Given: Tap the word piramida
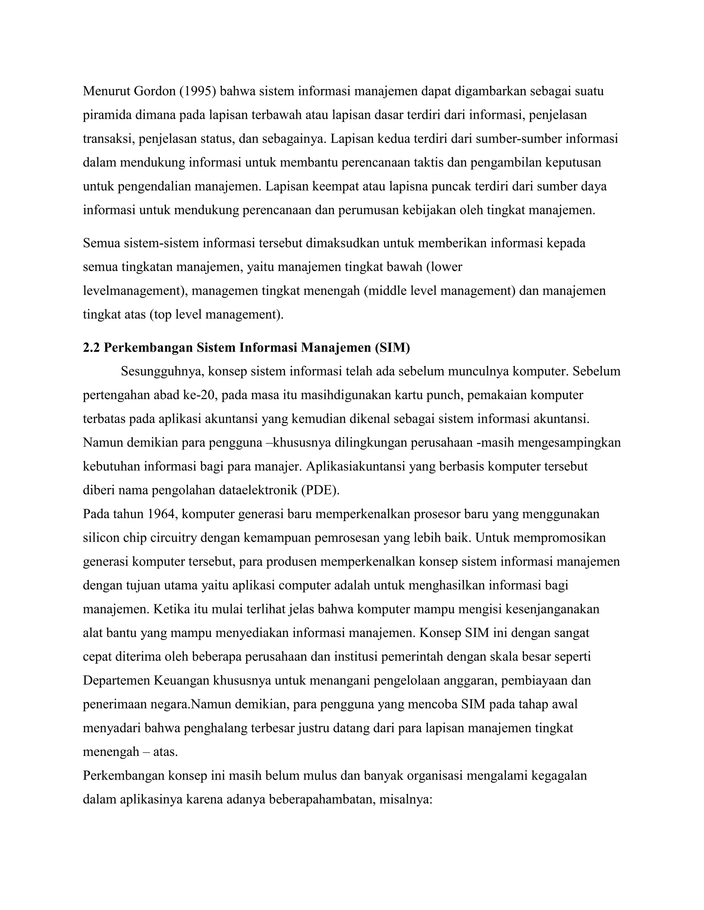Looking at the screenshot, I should [107, 115].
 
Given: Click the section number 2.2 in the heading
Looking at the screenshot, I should [91, 348].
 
